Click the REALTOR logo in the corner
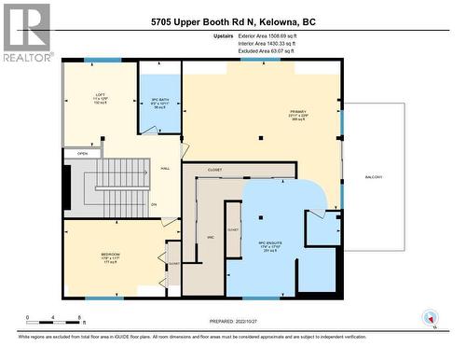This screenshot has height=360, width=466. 27,32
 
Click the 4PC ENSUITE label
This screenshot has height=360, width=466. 269,245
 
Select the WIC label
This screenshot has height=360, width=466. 211,237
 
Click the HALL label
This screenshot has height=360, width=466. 165,169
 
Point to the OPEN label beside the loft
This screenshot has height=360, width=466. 83,154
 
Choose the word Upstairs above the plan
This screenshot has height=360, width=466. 224,36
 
